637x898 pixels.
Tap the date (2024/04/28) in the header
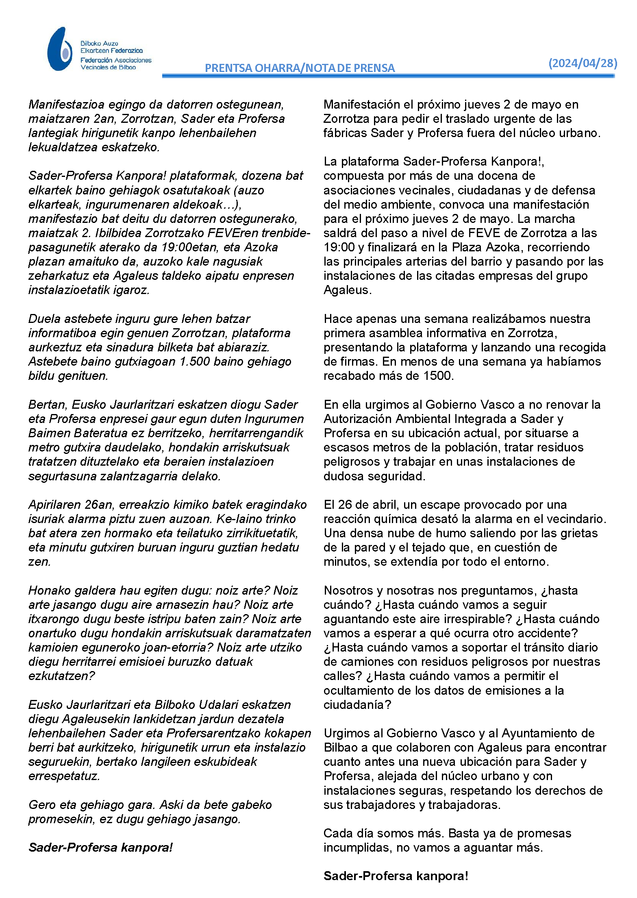click(x=583, y=63)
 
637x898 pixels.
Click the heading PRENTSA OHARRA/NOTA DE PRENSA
click(x=300, y=68)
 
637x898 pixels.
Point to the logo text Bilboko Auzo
click(x=99, y=44)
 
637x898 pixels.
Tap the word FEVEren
click(x=232, y=233)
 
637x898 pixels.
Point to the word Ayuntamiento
click(x=548, y=733)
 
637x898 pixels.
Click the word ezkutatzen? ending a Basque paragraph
click(x=61, y=676)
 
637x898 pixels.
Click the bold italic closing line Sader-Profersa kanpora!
click(x=101, y=848)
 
